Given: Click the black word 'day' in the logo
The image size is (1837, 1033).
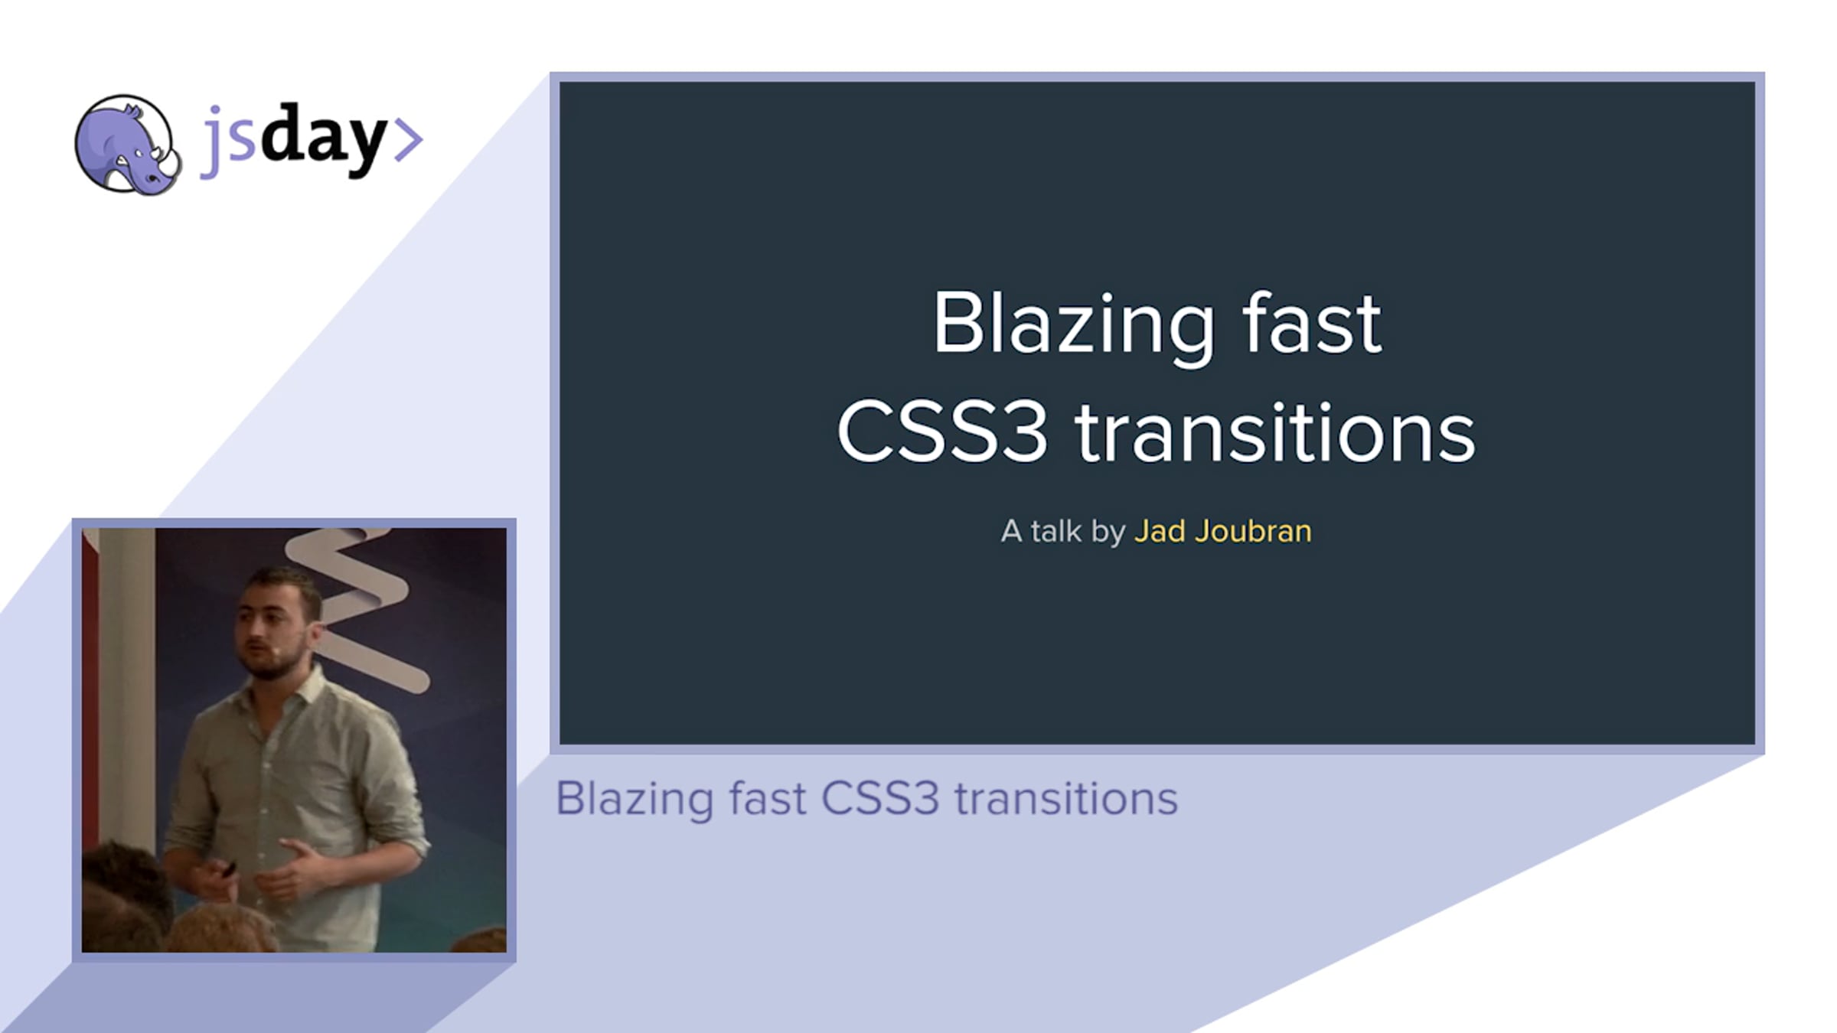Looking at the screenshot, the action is (x=323, y=138).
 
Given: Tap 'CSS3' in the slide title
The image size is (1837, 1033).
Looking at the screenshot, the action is (x=942, y=432).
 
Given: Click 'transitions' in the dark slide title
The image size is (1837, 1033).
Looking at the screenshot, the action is (x=1275, y=432).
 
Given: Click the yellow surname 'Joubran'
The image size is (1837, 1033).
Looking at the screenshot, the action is (x=1253, y=531).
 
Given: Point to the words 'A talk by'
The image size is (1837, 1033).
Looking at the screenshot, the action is (x=1062, y=532).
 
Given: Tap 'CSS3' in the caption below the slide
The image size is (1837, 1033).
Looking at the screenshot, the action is (x=880, y=799).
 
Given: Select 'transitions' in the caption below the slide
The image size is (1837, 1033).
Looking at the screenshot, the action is (x=1065, y=799).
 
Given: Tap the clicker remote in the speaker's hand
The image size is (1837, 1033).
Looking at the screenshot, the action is (x=227, y=868).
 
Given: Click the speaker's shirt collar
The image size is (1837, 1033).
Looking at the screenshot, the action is (x=287, y=689).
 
